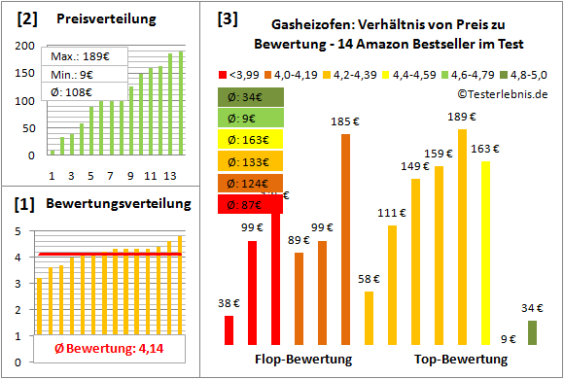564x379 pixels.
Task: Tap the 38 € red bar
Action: (x=229, y=329)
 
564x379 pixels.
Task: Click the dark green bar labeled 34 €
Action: (x=532, y=332)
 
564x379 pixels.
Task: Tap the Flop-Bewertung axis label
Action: (x=302, y=360)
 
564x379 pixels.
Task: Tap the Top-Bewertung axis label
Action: (x=461, y=360)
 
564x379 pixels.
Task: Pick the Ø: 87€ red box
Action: (x=250, y=204)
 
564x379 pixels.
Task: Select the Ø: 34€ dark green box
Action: (x=250, y=96)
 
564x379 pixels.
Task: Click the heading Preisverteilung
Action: (x=96, y=18)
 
